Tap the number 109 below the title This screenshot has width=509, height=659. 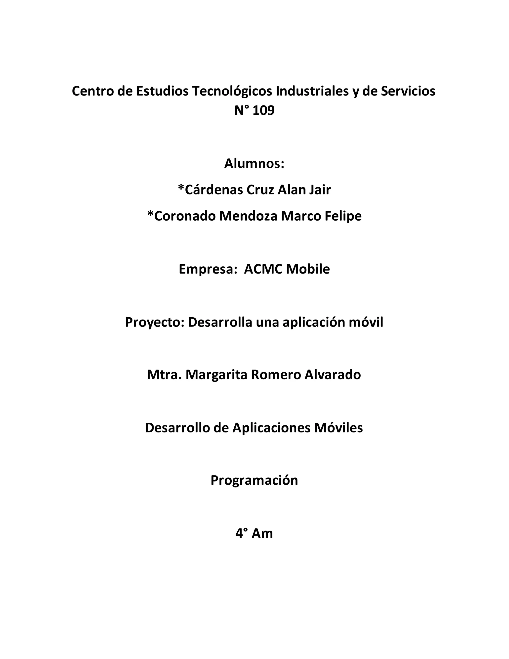click(263, 111)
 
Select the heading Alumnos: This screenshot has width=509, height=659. click(254, 164)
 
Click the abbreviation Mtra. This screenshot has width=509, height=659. click(164, 375)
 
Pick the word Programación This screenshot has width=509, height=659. click(254, 481)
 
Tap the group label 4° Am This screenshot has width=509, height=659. click(254, 533)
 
